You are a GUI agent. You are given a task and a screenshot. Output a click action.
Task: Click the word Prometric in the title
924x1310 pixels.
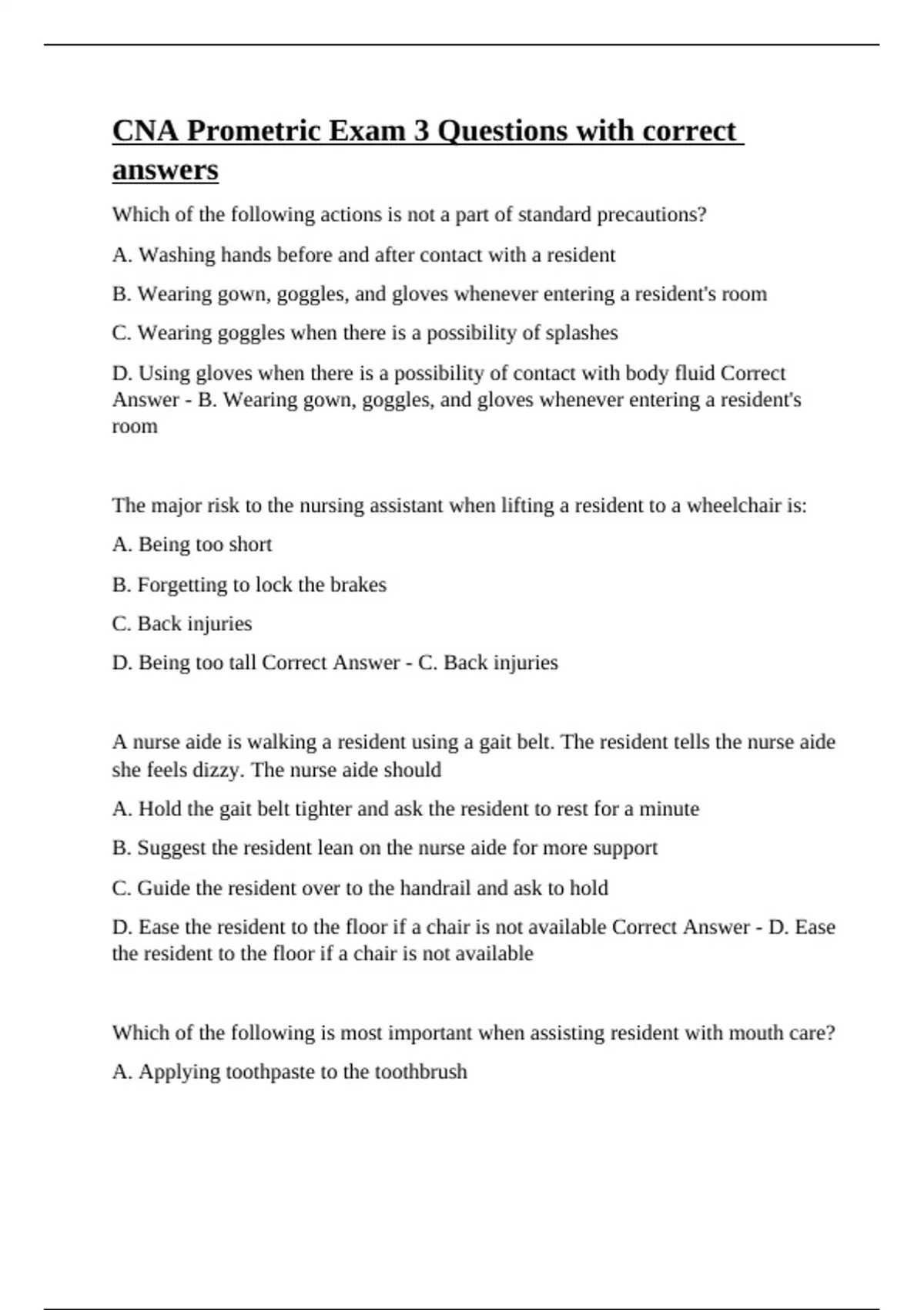coord(253,131)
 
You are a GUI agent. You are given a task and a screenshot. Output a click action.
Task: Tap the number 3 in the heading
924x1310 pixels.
coord(421,131)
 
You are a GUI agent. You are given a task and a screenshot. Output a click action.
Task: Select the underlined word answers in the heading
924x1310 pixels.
coord(165,170)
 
